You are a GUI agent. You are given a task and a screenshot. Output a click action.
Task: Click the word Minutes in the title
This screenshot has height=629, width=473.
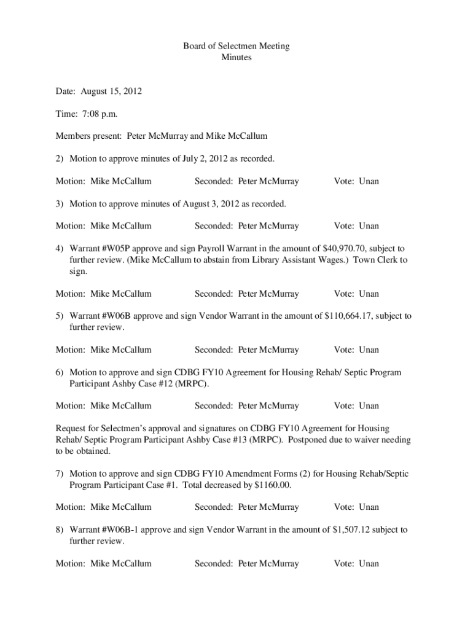tap(237, 58)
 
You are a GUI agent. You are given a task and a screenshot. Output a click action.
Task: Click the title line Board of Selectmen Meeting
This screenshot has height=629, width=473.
tap(237, 46)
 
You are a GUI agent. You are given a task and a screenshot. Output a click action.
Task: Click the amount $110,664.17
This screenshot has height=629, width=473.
tap(348, 316)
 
